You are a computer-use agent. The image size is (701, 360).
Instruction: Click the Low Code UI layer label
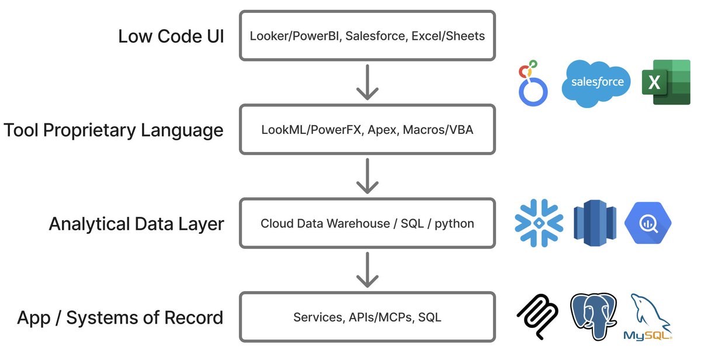pyautogui.click(x=171, y=36)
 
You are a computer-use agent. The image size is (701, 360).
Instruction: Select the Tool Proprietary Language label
pyautogui.click(x=113, y=130)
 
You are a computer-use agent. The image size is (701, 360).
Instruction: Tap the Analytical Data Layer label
pyautogui.click(x=136, y=224)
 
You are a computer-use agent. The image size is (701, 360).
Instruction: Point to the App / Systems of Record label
pyautogui.click(x=120, y=318)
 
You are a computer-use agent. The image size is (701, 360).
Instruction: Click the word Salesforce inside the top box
pyautogui.click(x=375, y=36)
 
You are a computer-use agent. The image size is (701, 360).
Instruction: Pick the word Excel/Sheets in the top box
pyautogui.click(x=448, y=36)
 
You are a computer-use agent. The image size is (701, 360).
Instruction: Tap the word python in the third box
pyautogui.click(x=454, y=224)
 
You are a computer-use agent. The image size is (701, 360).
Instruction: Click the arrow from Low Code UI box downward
pyautogui.click(x=367, y=82)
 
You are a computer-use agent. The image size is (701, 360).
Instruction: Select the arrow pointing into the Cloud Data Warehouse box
pyautogui.click(x=367, y=176)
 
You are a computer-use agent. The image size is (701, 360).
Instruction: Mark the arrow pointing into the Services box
pyautogui.click(x=367, y=270)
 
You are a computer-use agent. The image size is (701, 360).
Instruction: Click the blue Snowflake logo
pyautogui.click(x=539, y=223)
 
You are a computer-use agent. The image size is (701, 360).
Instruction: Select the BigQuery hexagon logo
pyautogui.click(x=648, y=223)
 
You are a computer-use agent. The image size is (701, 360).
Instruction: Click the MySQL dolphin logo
pyautogui.click(x=649, y=316)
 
